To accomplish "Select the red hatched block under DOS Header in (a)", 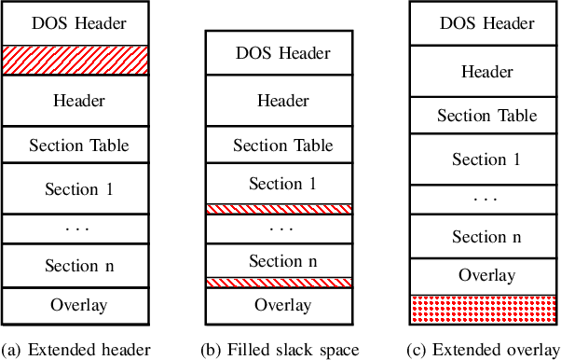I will click(75, 59).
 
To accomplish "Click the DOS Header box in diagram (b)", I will click(280, 52).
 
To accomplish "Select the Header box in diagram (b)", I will click(280, 100).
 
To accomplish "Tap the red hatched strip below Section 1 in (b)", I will click(280, 209).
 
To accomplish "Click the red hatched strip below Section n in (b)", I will click(280, 282).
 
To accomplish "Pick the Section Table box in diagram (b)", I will click(280, 145).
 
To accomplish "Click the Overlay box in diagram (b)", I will click(280, 305).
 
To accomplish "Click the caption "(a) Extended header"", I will click(76, 350).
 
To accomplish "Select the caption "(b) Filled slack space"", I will click(280, 350).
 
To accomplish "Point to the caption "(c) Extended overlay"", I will click(483, 350).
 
